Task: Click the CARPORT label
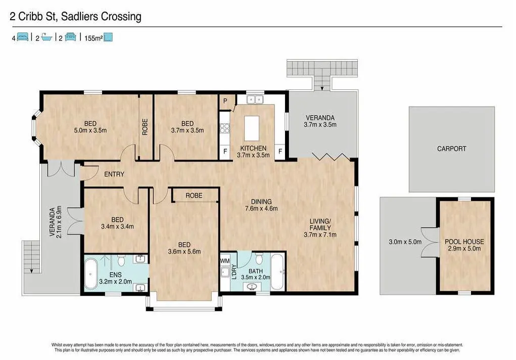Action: [451, 148]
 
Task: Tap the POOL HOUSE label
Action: [464, 242]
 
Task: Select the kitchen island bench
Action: [252, 128]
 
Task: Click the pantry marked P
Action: [225, 101]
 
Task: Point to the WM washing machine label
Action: [225, 261]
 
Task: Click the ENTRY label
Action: [114, 174]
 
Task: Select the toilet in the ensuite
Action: [121, 261]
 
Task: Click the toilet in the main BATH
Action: [259, 259]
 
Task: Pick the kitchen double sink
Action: [254, 99]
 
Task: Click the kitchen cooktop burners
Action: [225, 128]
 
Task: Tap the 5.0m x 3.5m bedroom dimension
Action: [90, 130]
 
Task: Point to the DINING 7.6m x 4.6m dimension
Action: [261, 209]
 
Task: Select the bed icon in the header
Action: [22, 37]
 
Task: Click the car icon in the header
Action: [70, 37]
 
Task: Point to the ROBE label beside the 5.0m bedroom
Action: [145, 127]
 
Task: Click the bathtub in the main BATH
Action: [277, 272]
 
